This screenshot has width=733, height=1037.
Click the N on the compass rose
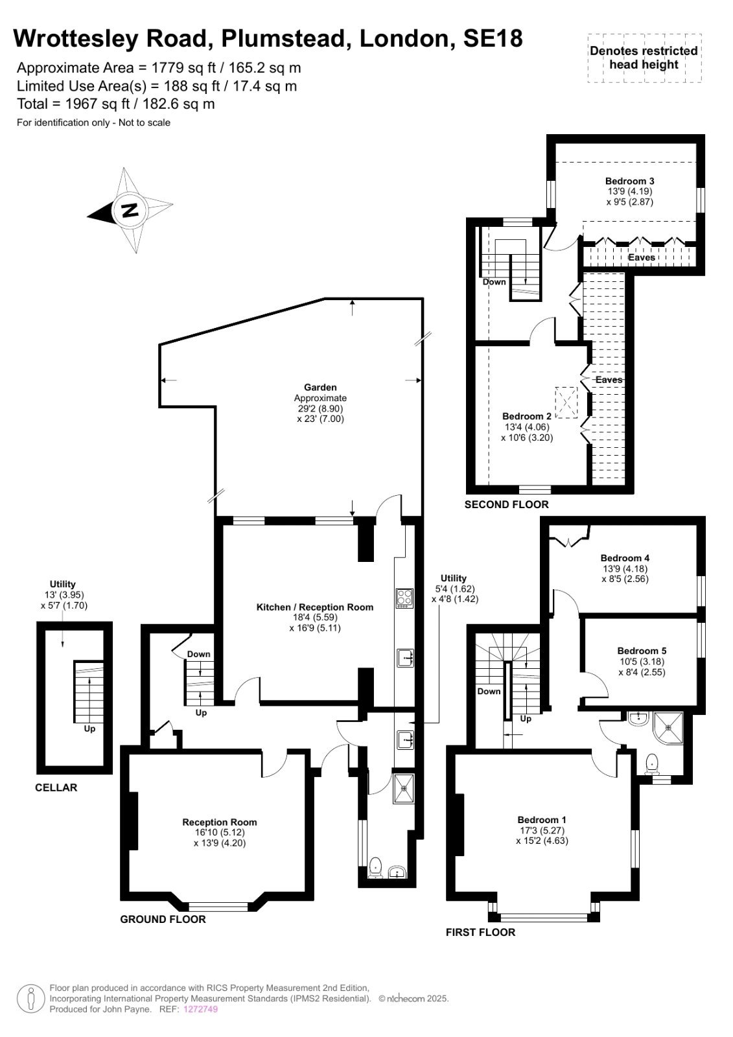pyautogui.click(x=130, y=211)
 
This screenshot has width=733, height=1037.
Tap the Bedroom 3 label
pyautogui.click(x=629, y=181)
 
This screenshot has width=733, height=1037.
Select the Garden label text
pyautogui.click(x=320, y=387)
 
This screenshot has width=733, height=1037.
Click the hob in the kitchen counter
pyautogui.click(x=404, y=598)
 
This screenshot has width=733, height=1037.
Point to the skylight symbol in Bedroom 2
pyautogui.click(x=566, y=402)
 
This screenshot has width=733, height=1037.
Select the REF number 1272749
pyautogui.click(x=200, y=1008)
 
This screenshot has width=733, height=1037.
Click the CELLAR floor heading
pyautogui.click(x=56, y=787)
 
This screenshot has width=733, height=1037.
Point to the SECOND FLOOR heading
pyautogui.click(x=506, y=505)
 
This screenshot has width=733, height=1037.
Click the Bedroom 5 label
pyautogui.click(x=642, y=651)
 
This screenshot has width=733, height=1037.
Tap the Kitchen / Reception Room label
pyautogui.click(x=315, y=607)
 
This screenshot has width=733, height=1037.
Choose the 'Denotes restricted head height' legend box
pyautogui.click(x=644, y=58)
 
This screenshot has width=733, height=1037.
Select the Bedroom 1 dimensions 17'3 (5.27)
pyautogui.click(x=542, y=830)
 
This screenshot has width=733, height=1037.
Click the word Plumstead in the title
pyautogui.click(x=283, y=39)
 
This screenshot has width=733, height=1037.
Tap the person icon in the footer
pyautogui.click(x=30, y=999)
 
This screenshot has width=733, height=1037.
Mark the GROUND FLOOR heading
pyautogui.click(x=163, y=929)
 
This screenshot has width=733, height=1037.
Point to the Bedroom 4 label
pyautogui.click(x=625, y=558)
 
